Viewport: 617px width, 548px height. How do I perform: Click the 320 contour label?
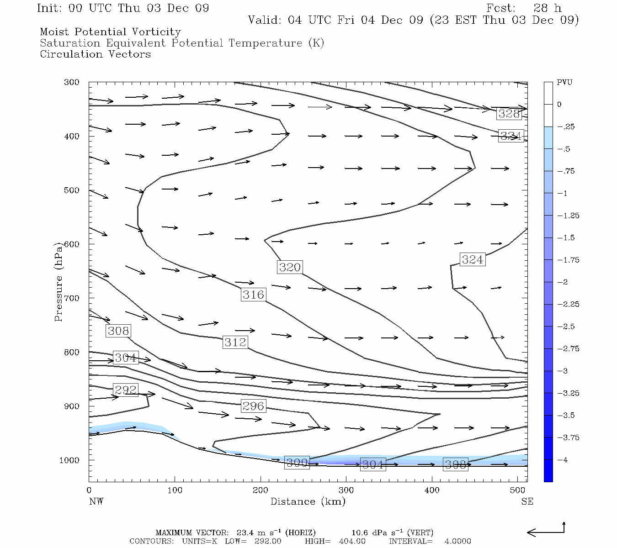290,267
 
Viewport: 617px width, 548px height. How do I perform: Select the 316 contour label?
253,295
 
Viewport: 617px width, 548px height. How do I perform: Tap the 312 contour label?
235,342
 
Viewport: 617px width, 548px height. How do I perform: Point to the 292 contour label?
126,390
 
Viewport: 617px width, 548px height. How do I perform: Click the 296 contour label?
253,406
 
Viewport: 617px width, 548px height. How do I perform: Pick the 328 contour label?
509,114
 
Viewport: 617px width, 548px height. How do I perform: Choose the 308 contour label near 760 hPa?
118,331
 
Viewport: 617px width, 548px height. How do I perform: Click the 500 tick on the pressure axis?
71,190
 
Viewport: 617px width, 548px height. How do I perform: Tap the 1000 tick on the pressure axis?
69,460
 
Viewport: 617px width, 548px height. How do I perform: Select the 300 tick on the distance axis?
346,490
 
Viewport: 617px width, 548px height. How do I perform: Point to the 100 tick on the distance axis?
175,490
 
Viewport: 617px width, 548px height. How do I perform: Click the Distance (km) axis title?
308,501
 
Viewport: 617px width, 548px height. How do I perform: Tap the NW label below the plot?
96,501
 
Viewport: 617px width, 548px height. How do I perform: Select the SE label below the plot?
527,501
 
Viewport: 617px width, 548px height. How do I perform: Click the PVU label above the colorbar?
564,83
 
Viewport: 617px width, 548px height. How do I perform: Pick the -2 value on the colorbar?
563,282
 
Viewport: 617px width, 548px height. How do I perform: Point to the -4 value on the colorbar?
563,460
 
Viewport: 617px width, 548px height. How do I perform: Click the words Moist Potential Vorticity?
110,32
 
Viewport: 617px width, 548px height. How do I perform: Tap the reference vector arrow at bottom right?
546,531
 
